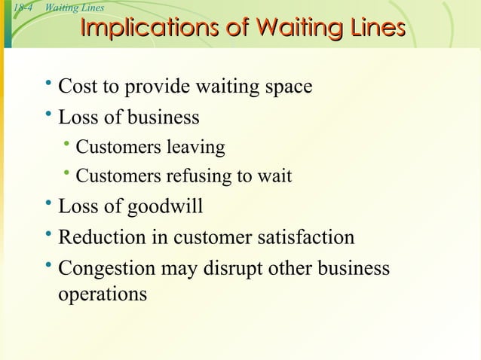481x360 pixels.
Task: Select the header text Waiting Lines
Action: pyautogui.click(x=75, y=8)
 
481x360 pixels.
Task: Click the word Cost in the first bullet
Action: pyautogui.click(x=77, y=87)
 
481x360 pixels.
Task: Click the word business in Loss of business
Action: pyautogui.click(x=163, y=117)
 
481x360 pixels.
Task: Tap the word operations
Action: pyautogui.click(x=103, y=294)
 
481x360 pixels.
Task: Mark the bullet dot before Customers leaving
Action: pyautogui.click(x=67, y=145)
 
